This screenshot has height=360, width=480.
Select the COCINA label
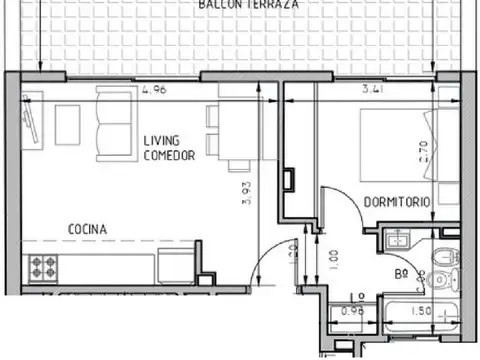click(x=88, y=229)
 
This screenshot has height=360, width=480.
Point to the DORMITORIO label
click(x=398, y=202)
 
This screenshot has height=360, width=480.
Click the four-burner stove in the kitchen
click(x=45, y=268)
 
